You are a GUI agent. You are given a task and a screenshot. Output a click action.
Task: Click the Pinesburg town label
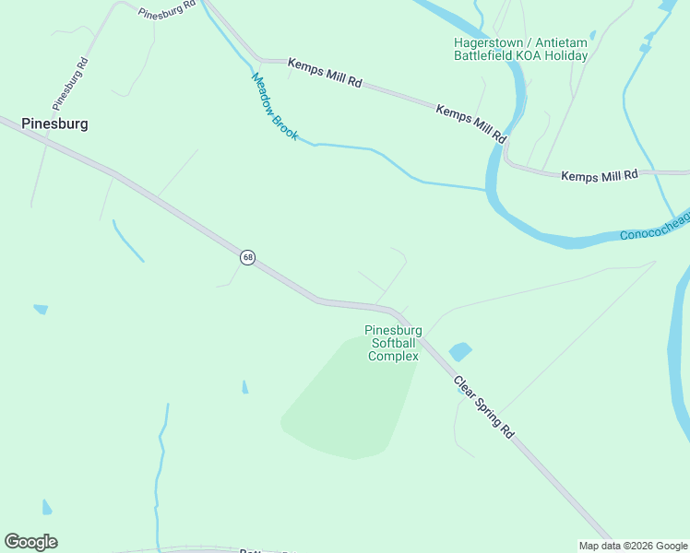(54, 124)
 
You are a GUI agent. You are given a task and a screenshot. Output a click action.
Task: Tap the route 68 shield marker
(247, 257)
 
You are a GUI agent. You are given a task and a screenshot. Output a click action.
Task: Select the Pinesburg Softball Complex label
(394, 343)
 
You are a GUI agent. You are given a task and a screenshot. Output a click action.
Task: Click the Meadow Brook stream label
(275, 107)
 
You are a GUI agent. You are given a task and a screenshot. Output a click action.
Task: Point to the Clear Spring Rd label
(484, 406)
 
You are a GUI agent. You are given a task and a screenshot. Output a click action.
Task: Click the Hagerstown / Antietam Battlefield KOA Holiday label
(520, 49)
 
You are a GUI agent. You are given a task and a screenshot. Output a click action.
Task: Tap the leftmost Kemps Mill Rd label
(324, 73)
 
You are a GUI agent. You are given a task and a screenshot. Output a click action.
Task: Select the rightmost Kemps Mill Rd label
(600, 174)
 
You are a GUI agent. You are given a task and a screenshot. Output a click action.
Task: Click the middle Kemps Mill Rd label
(471, 124)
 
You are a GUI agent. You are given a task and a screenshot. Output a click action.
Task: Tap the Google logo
(30, 542)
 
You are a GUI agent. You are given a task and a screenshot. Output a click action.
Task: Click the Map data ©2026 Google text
(632, 546)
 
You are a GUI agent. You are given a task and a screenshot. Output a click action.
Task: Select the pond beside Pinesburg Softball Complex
(459, 351)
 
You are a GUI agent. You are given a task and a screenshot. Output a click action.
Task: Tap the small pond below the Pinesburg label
(40, 309)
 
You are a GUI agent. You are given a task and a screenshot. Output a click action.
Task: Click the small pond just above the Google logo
(47, 507)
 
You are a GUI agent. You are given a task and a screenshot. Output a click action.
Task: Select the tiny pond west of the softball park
(244, 387)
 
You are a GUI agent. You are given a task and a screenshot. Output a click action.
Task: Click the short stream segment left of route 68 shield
(127, 241)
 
